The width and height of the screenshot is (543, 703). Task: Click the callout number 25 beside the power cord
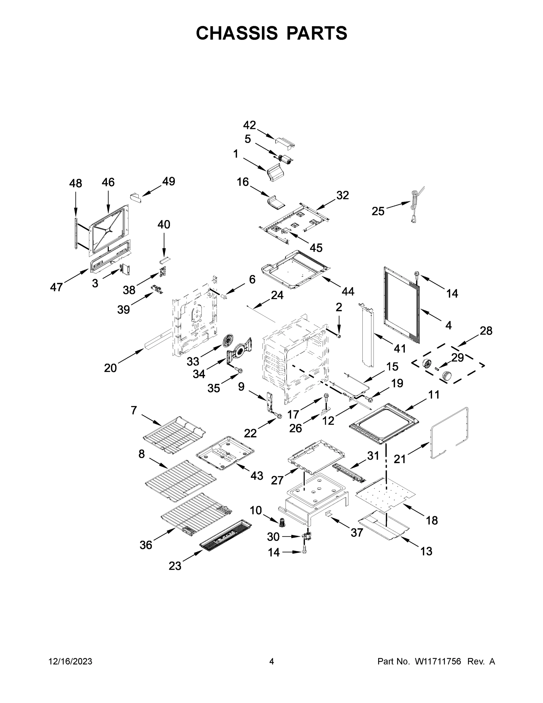tap(378, 211)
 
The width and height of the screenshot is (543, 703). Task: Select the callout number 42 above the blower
tap(249, 125)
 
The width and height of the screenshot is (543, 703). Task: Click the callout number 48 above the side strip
tap(76, 183)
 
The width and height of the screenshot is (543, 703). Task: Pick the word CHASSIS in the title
tap(237, 33)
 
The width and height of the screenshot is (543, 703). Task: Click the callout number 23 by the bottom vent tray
tap(175, 566)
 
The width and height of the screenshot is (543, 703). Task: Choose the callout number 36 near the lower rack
tap(146, 545)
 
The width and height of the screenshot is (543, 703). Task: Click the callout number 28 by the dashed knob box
tap(486, 331)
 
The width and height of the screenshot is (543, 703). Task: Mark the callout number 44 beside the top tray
tap(348, 291)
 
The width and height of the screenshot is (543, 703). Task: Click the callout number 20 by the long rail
tap(110, 368)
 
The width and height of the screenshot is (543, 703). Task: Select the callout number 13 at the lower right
tap(426, 551)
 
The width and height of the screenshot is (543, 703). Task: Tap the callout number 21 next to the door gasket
tap(400, 459)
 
